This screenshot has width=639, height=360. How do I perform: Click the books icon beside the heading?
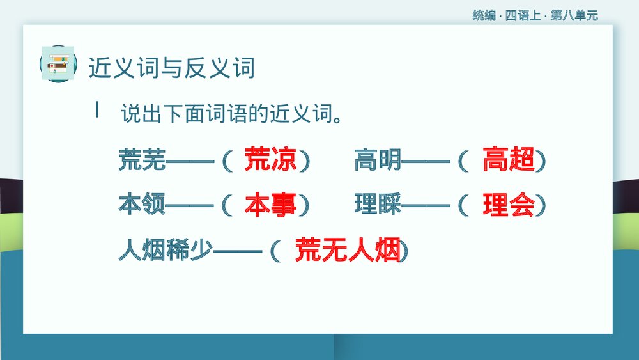(x=58, y=63)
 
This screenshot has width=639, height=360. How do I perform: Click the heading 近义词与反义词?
(x=171, y=67)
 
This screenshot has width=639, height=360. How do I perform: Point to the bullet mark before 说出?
(x=97, y=111)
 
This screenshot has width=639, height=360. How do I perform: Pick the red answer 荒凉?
(x=270, y=160)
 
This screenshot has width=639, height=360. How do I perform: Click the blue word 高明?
(x=378, y=160)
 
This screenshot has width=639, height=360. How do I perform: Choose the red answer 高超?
(x=509, y=160)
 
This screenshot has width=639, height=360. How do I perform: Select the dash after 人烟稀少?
(x=237, y=251)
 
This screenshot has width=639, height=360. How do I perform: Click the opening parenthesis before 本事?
(x=225, y=205)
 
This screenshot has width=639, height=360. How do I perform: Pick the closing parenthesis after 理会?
(x=541, y=205)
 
